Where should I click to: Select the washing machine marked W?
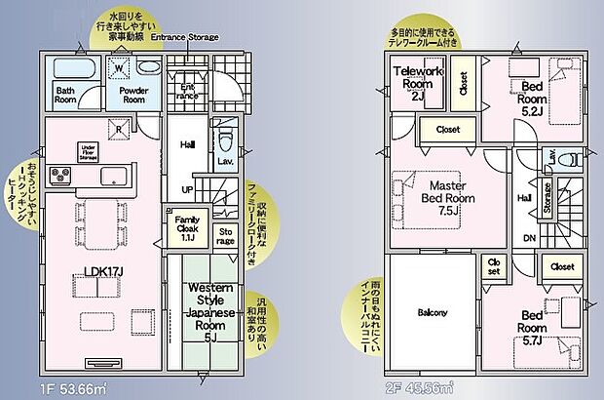point(119,67)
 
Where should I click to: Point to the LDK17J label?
point(95,283)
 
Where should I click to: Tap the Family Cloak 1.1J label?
point(187,226)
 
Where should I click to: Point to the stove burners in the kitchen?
point(62,177)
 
